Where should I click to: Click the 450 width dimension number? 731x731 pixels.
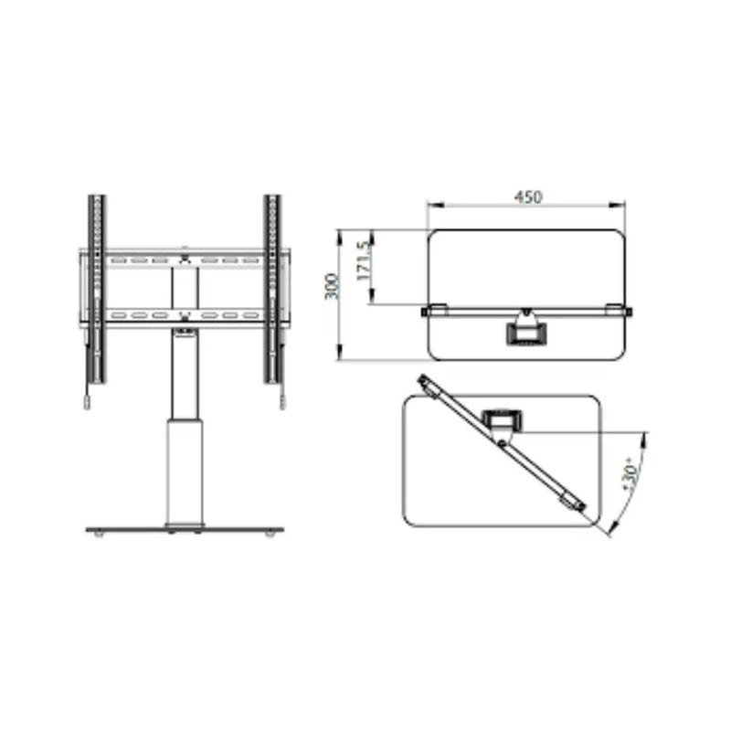pyautogui.click(x=527, y=196)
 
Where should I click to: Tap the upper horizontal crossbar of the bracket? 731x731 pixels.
pyautogui.click(x=185, y=260)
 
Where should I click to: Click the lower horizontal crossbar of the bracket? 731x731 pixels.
pyautogui.click(x=185, y=316)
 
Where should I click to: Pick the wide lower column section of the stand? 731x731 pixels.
pyautogui.click(x=184, y=471)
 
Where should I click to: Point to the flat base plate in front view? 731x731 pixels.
pyautogui.click(x=184, y=529)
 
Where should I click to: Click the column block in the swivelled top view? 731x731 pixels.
pyautogui.click(x=503, y=420)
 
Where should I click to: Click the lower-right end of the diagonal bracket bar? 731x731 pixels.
pyautogui.click(x=577, y=504)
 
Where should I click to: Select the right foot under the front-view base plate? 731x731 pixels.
pyautogui.click(x=269, y=535)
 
